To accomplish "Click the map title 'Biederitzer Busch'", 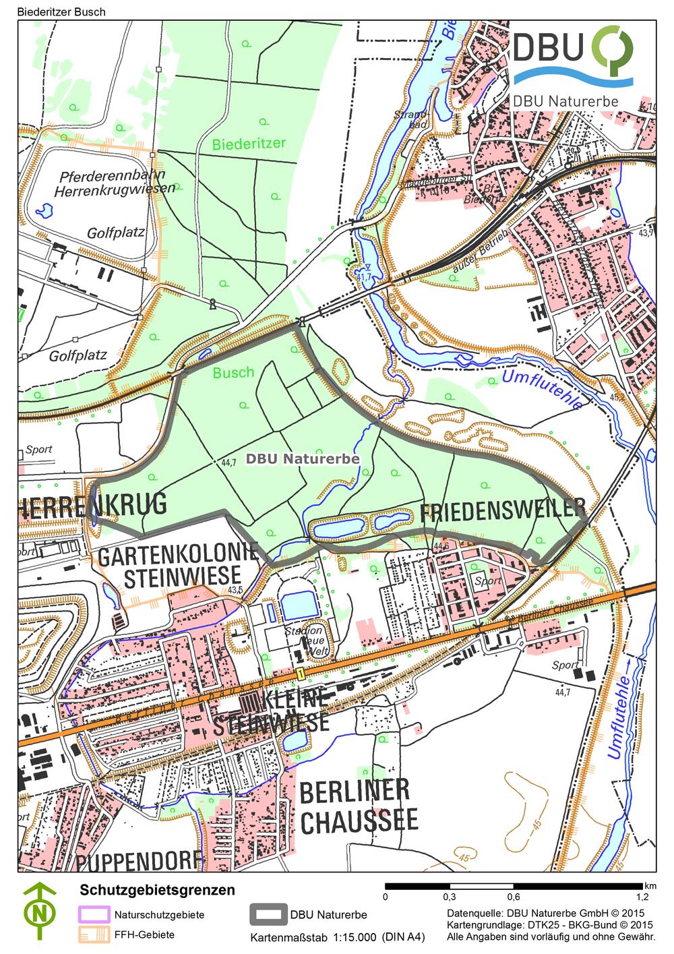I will [x=53, y=11].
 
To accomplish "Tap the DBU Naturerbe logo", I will [x=573, y=66].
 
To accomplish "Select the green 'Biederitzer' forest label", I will [x=249, y=144].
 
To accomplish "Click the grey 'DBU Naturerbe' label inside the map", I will [x=302, y=458].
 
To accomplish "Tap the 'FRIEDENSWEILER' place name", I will [x=502, y=511].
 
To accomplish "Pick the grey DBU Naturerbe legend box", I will [x=268, y=915].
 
